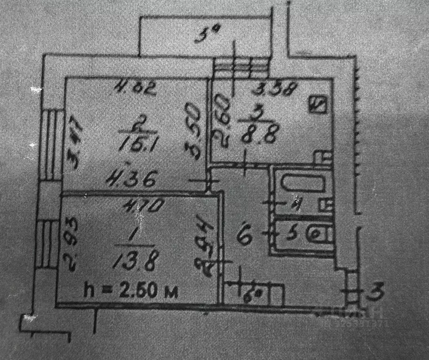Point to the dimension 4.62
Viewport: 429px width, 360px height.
click(x=136, y=88)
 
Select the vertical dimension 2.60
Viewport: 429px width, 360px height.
click(x=223, y=119)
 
